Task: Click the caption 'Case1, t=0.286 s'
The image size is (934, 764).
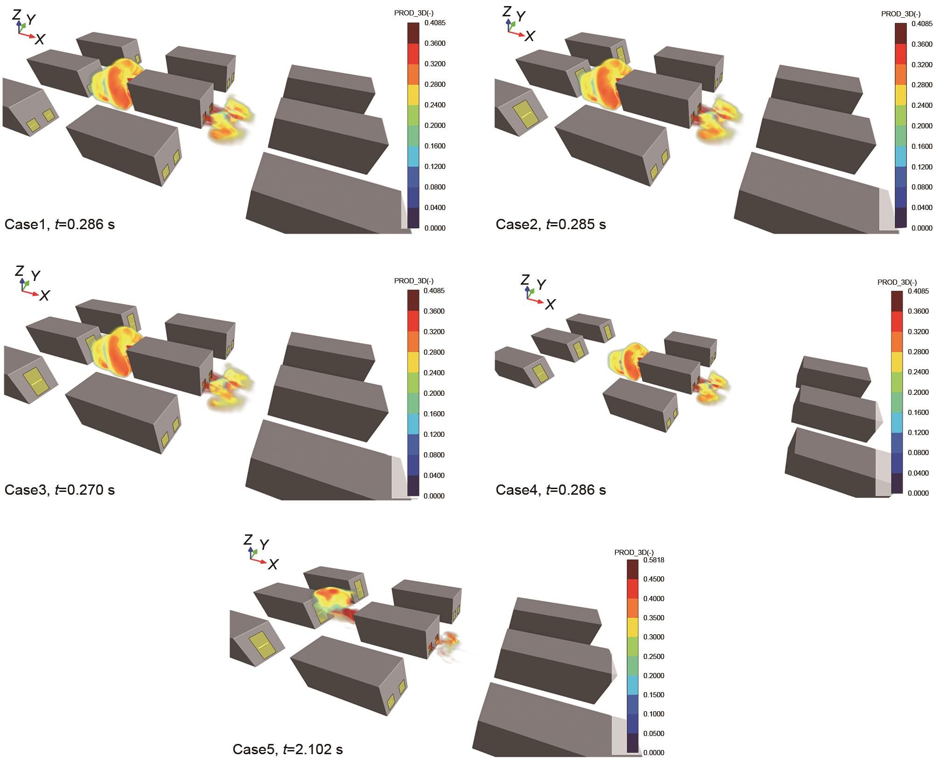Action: (59, 224)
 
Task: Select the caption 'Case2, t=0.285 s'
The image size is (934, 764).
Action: (551, 224)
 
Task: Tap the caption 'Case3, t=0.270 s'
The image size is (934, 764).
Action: (59, 490)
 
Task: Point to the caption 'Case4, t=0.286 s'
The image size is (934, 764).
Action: (551, 490)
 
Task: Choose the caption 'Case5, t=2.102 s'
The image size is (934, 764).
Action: (287, 750)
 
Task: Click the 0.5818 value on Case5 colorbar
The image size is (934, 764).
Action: (653, 560)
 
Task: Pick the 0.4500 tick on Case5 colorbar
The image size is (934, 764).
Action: (653, 579)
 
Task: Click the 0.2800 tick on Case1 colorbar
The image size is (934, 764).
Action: (435, 84)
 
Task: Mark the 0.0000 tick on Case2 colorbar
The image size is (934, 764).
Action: (922, 228)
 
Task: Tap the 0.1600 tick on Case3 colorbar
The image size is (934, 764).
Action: (434, 414)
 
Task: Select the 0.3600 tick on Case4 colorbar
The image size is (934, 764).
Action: (918, 311)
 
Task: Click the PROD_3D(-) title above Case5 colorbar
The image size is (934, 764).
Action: (634, 553)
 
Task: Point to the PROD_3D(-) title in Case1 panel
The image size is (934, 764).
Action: (414, 13)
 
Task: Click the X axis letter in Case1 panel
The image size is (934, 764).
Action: (40, 39)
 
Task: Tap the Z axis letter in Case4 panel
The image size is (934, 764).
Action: (525, 280)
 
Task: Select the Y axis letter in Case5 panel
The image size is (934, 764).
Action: (264, 545)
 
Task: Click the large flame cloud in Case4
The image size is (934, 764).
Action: (627, 360)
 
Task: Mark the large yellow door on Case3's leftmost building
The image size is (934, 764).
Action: (39, 382)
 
